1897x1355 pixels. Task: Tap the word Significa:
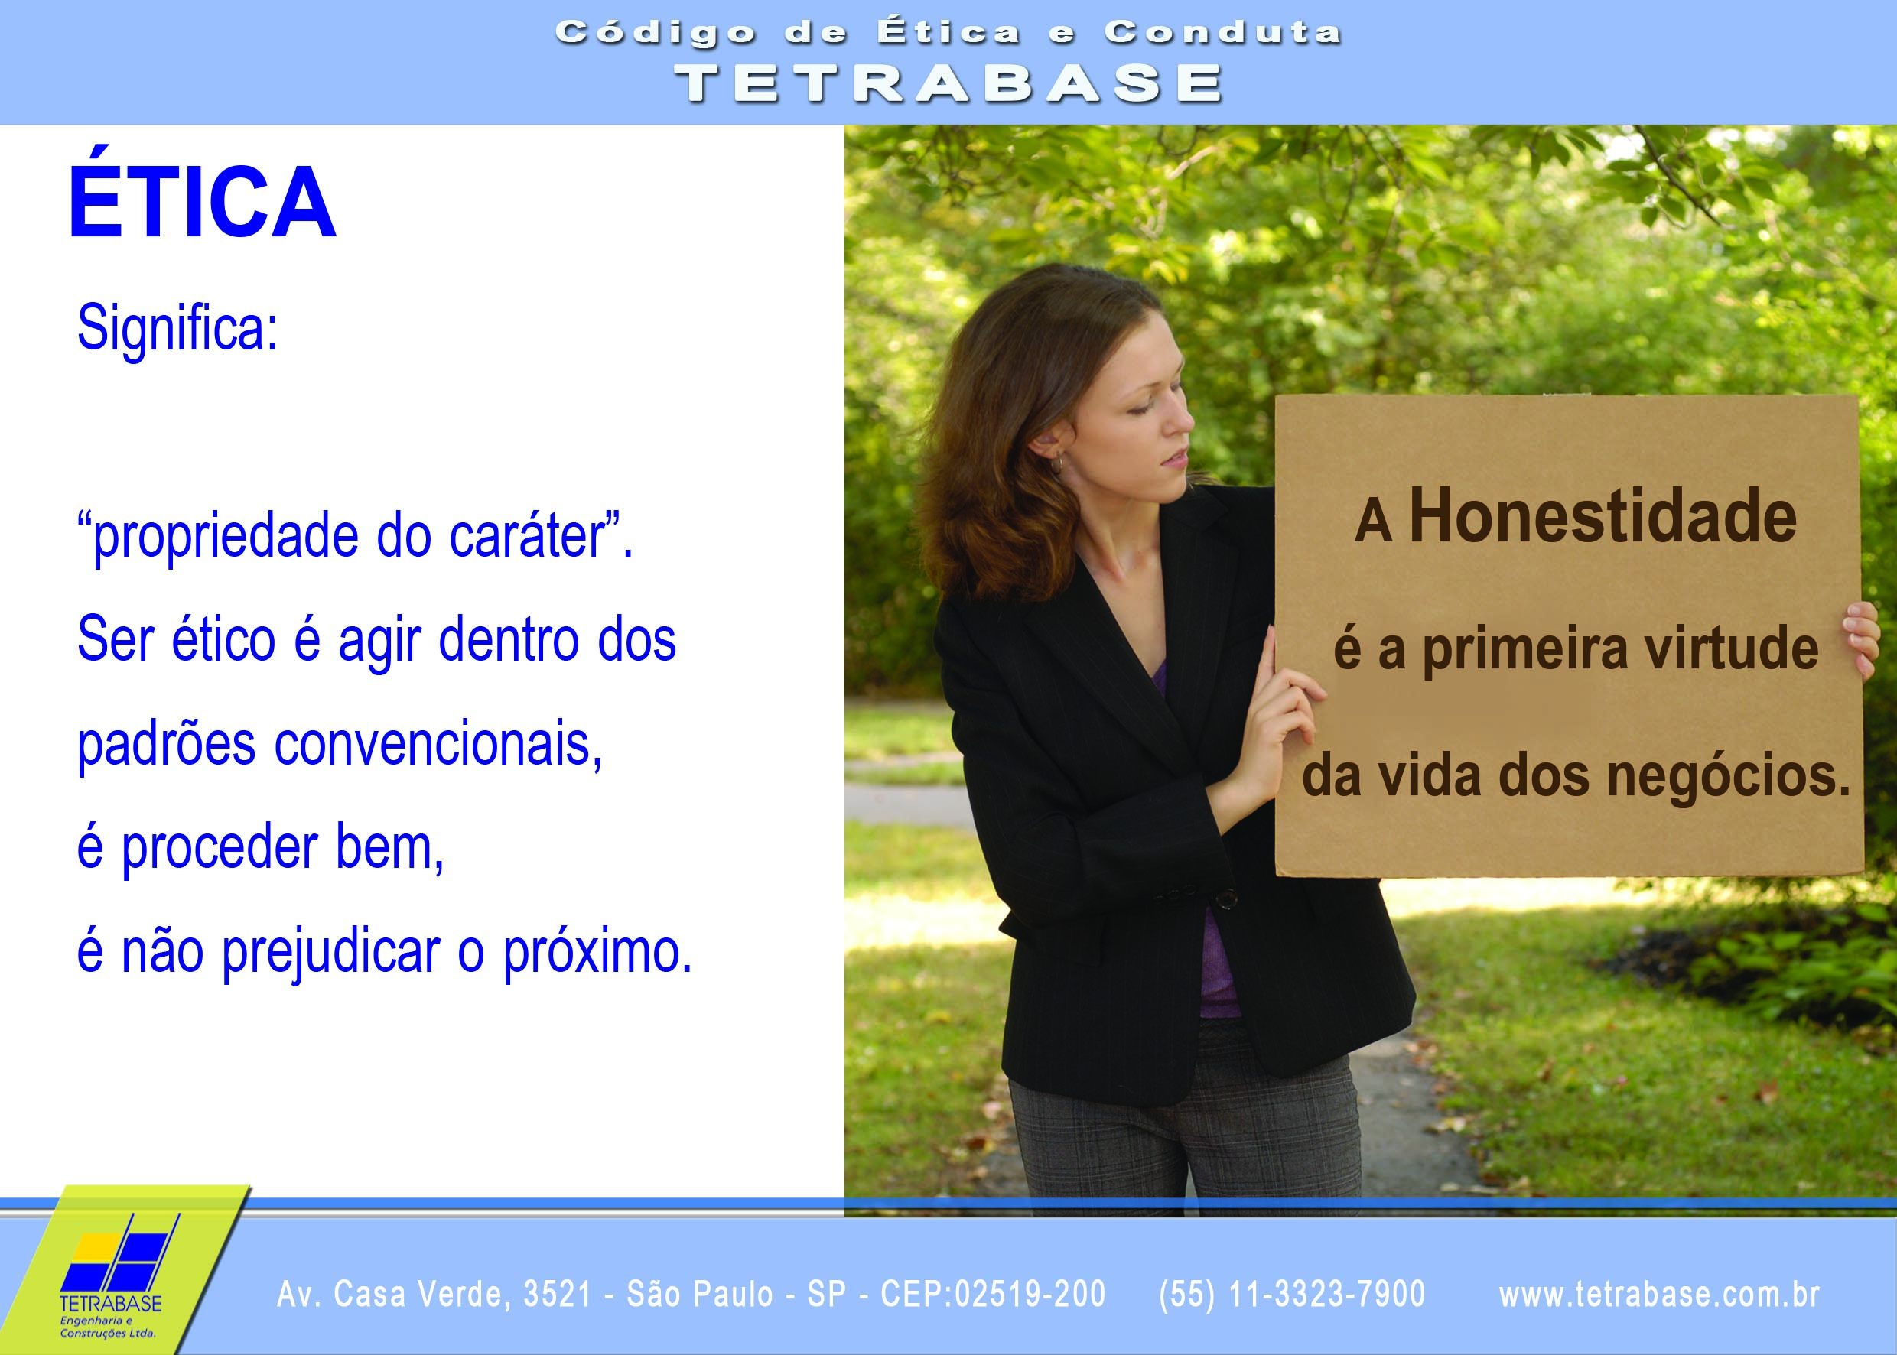177,329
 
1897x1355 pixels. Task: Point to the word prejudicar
330,953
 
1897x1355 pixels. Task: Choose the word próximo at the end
597,953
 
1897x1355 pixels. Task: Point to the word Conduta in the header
1222,33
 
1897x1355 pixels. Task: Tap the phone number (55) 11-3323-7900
1292,1293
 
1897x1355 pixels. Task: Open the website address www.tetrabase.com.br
1659,1293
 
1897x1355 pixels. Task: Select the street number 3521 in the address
558,1293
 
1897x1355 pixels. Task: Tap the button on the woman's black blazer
1225,898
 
